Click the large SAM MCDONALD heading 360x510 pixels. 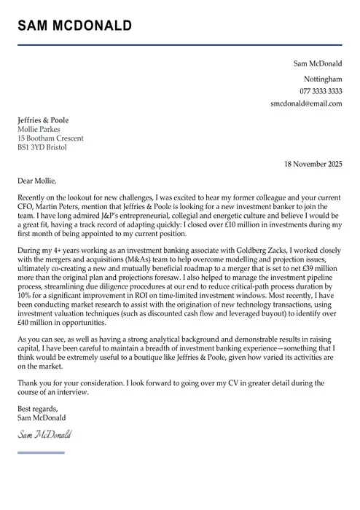(x=74, y=26)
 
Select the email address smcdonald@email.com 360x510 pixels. (x=306, y=103)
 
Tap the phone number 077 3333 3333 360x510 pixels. (x=321, y=91)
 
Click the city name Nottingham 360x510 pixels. (x=323, y=79)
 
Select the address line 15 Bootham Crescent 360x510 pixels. (x=50, y=138)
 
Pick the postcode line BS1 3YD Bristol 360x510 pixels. (x=42, y=147)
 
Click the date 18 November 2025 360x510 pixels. (x=313, y=164)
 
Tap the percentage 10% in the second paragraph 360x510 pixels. (x=26, y=296)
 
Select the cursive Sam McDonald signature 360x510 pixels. (x=45, y=435)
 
